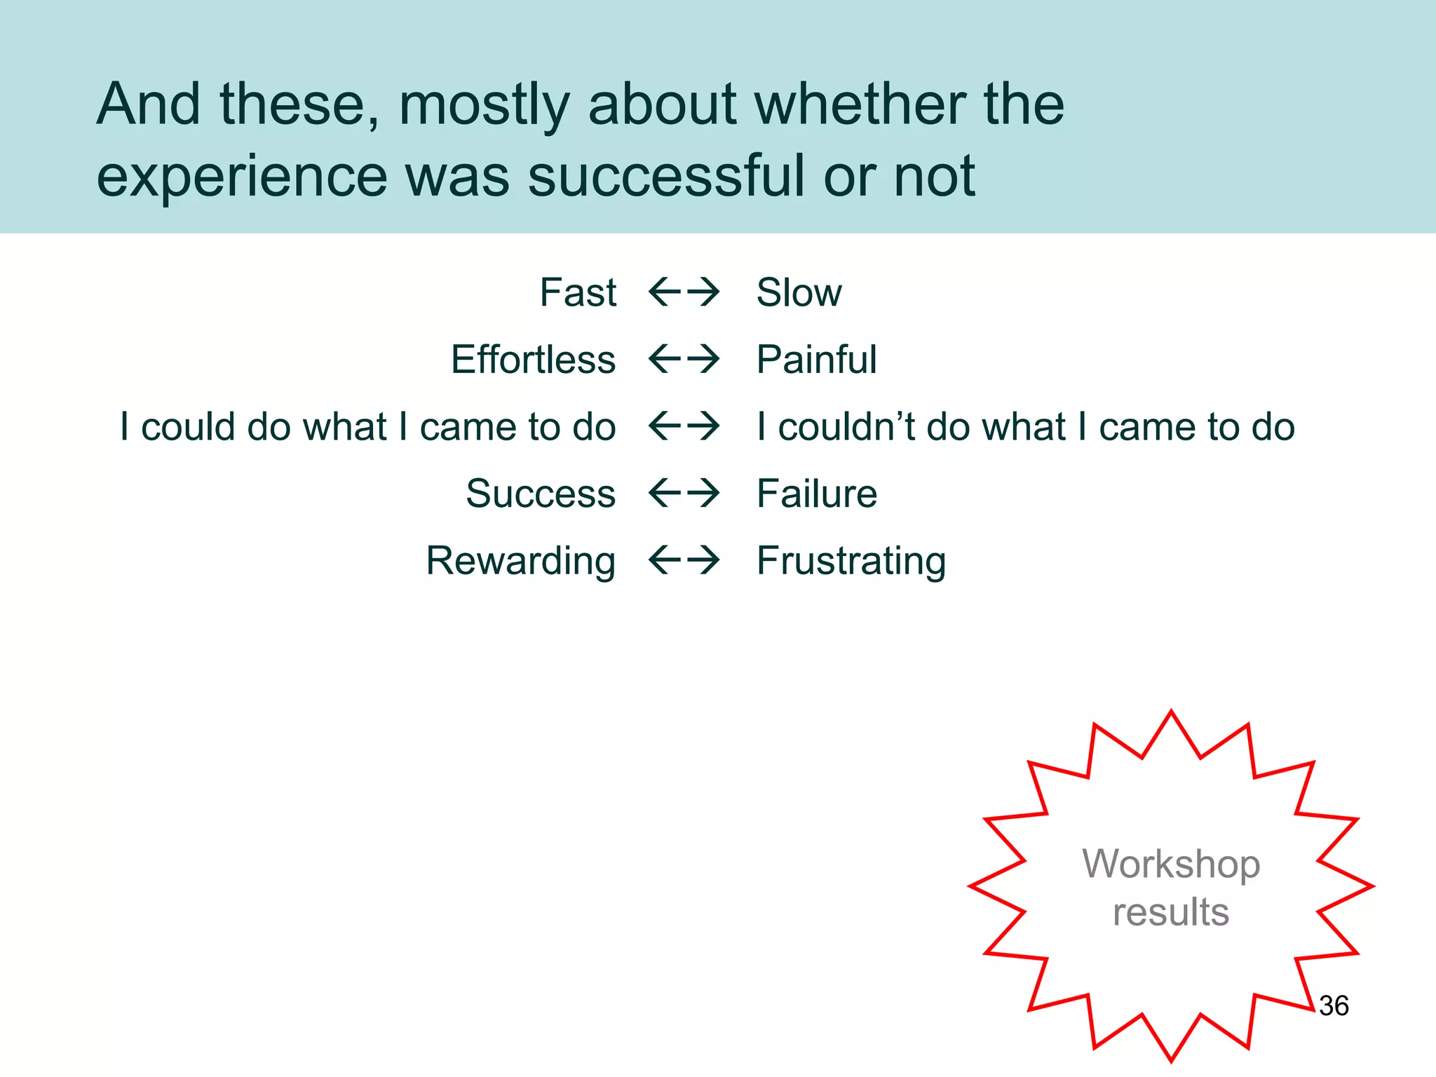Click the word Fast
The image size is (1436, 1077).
pos(578,292)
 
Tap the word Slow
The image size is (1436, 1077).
pos(799,292)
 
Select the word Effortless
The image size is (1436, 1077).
pos(533,360)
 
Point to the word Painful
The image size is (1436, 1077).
pos(816,360)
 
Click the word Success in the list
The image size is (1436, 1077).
pos(541,494)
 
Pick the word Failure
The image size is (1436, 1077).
pos(816,494)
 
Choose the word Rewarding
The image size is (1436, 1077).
pos(521,561)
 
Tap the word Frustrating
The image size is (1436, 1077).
pos(851,561)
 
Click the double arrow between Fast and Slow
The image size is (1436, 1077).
pos(684,292)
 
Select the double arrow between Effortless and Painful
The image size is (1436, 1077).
pos(684,359)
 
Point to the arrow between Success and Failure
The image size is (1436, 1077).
pos(684,493)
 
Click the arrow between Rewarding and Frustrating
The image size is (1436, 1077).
pos(684,560)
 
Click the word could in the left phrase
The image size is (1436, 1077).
pos(188,426)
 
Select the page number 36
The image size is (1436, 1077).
pos(1334,1005)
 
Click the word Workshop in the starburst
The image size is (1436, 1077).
pos(1171,864)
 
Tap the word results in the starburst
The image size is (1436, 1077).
pos(1171,912)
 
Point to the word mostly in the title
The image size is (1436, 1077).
pos(484,105)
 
